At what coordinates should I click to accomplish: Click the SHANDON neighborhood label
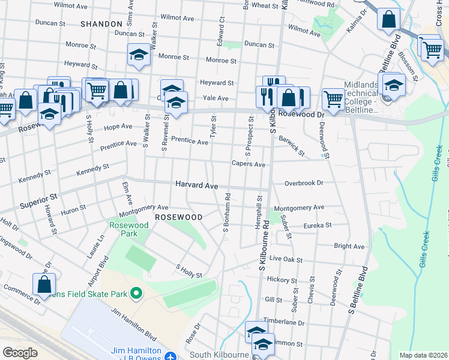101,23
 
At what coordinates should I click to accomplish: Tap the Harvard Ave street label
196,186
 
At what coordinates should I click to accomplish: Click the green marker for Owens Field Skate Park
136,293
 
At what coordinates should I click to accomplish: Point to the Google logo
20,352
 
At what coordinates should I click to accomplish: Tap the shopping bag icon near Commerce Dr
44,286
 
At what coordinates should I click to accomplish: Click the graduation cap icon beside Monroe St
139,56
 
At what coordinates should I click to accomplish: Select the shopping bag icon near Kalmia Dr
388,19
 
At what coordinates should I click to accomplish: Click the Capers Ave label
249,164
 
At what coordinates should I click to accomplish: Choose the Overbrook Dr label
304,182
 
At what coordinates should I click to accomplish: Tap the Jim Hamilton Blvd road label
133,322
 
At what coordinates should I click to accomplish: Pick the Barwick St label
292,146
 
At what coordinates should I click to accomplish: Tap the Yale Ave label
215,98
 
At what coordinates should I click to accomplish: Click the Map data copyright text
423,355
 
